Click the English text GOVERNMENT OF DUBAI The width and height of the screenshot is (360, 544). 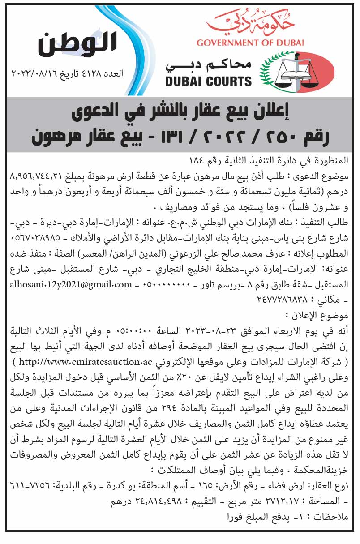click(x=250, y=43)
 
